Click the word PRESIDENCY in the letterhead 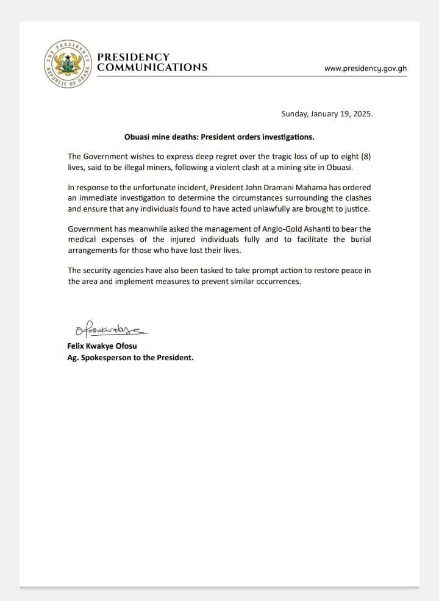tap(134, 57)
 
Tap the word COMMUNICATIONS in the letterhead tap(152, 68)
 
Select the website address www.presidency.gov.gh tap(365, 68)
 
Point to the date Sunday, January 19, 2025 tap(327, 114)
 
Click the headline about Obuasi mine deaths tap(220, 137)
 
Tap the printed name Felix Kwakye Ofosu tap(102, 347)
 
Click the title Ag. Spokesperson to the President tap(130, 358)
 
